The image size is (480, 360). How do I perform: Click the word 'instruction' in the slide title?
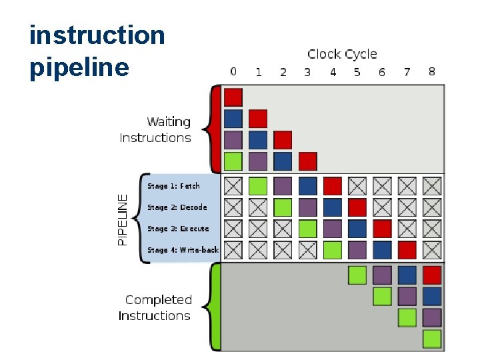point(97,35)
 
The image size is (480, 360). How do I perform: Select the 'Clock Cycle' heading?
point(342,54)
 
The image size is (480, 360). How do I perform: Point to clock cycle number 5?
point(357,71)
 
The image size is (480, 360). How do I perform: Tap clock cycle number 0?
point(233,71)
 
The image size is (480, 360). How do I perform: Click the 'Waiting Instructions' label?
point(156,130)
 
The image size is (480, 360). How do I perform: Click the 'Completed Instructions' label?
point(156,308)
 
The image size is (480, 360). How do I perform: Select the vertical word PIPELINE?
point(122,219)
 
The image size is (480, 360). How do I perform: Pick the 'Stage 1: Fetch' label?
point(173,186)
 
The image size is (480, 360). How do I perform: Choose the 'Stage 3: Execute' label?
point(178,229)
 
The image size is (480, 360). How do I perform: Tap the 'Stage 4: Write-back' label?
point(183,250)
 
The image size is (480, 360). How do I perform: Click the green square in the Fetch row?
point(258,186)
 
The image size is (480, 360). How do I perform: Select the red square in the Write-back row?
point(407,250)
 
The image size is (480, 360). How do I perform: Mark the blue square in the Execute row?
point(357,229)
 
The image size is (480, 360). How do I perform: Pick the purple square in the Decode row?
point(307,207)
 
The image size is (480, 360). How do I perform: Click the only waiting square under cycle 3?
point(307,161)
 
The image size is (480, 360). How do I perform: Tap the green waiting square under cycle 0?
point(233,161)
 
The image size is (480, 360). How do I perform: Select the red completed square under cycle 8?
point(432,275)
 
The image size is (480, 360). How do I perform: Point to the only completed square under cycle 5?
point(357,275)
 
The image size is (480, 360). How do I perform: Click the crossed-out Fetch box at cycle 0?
point(233,186)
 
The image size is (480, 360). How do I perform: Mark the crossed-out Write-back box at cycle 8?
point(432,250)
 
